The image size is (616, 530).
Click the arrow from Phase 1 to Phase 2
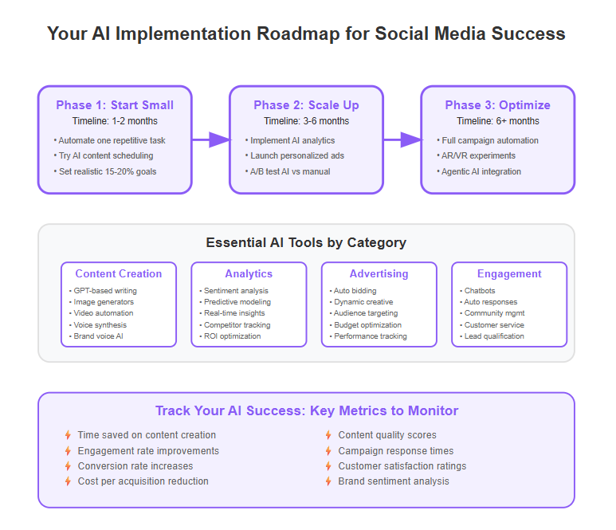tap(211, 139)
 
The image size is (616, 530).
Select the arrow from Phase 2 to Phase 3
tap(402, 139)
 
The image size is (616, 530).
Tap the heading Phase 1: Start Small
tap(115, 105)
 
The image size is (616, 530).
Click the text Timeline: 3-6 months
tap(307, 121)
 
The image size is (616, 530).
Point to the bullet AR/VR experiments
tap(476, 155)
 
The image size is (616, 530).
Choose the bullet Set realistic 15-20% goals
tap(105, 171)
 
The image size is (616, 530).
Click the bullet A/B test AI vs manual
tap(288, 171)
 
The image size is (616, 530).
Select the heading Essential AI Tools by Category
tap(306, 242)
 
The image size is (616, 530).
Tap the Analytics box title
tap(249, 273)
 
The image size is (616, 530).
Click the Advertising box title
tap(379, 273)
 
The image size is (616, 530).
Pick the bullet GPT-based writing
tap(103, 291)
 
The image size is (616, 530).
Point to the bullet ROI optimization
tap(230, 336)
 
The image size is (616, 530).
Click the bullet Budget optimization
tap(366, 325)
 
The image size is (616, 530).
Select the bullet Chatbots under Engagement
tap(477, 291)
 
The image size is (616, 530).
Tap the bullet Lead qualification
tap(492, 336)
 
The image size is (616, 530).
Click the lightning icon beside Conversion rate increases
tap(68, 466)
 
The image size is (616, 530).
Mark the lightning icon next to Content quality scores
tap(328, 435)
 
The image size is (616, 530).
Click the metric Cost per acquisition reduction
tap(143, 481)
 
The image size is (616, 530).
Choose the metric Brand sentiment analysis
tap(394, 481)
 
